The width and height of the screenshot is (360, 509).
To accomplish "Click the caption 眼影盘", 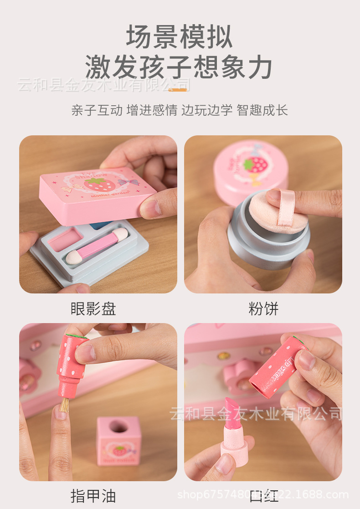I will point(93,309).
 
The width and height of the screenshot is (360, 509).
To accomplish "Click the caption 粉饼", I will point(263,309).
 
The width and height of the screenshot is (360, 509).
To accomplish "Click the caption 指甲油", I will point(93,495).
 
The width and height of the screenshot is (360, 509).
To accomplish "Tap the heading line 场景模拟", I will point(180,37).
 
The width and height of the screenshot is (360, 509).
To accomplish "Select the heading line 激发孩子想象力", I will point(180,67).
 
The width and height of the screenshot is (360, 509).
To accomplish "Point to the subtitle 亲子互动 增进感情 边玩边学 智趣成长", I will point(180,110).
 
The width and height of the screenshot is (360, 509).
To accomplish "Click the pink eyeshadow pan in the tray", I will point(65,239).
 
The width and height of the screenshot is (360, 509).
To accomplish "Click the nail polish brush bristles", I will point(64,405).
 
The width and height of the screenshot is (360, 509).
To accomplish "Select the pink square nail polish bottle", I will point(118,440).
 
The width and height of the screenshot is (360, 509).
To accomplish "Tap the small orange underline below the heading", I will point(177,90).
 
